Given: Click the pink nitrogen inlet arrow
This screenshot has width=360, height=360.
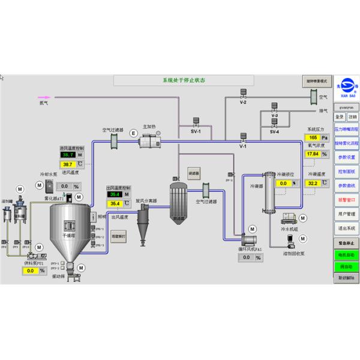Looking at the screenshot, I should point(44,96).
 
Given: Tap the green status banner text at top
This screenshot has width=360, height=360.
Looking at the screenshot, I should point(184,80).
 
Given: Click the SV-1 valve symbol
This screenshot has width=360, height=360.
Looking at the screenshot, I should point(196,122).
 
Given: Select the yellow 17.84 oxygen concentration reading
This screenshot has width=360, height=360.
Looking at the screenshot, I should point(313,154).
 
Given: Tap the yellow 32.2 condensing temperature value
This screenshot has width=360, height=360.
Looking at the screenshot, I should point(313,183).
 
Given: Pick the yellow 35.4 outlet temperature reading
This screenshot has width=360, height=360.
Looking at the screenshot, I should point(115,203).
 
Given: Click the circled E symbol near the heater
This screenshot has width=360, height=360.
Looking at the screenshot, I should point(133,141).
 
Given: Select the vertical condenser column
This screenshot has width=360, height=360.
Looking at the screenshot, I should point(269,193).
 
